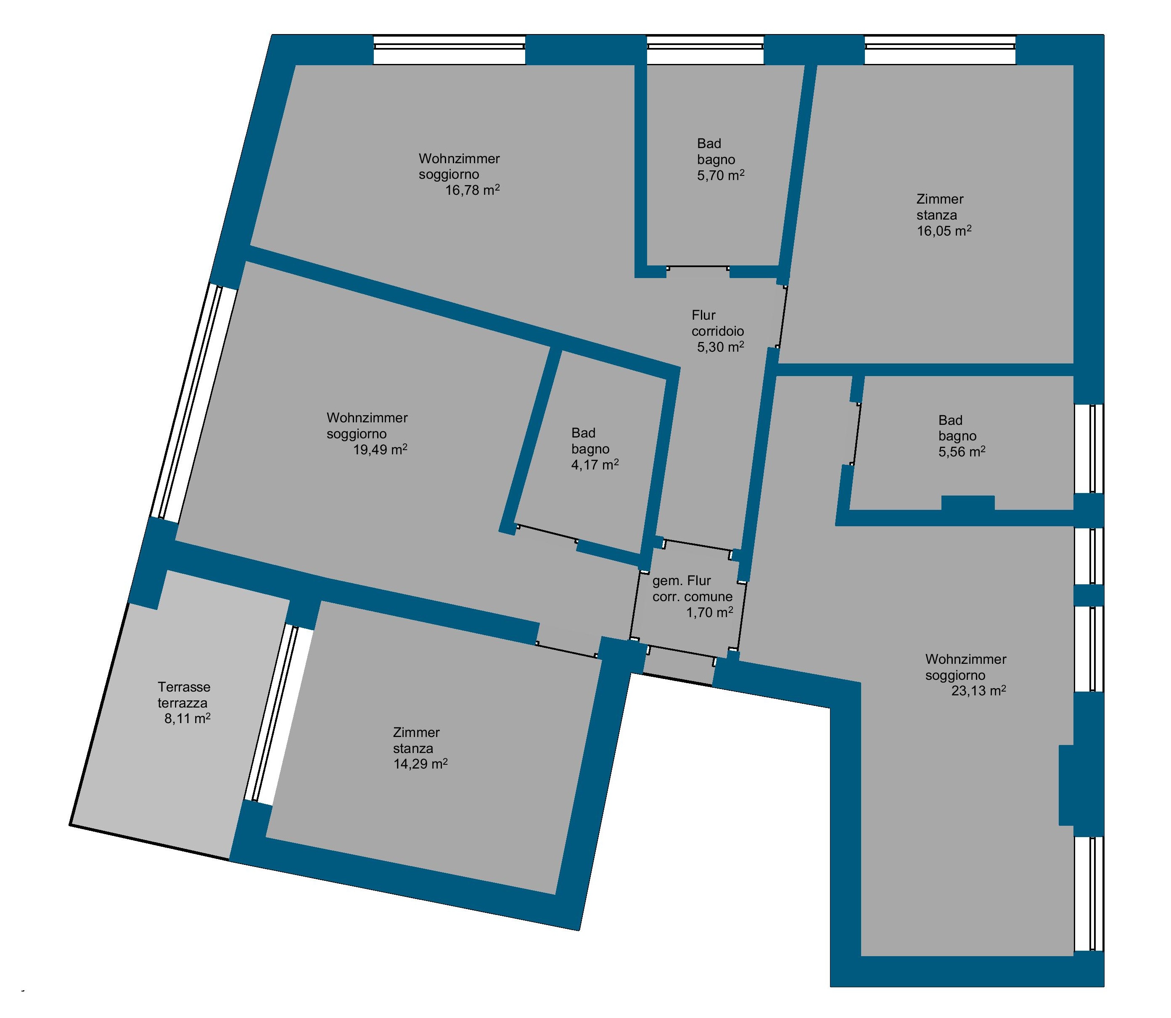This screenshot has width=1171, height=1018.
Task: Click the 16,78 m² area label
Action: pos(472,190)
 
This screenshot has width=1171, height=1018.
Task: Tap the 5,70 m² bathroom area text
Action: pos(721,175)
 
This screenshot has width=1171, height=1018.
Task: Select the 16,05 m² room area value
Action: pos(944,231)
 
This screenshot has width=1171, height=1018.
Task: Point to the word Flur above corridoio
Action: pos(703,315)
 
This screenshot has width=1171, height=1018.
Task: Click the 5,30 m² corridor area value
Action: pos(721,347)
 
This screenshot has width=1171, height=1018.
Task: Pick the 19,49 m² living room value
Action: pos(380,450)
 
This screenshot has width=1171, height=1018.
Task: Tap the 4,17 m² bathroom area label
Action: pos(595,465)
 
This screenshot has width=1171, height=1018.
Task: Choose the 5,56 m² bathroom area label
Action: pos(962,452)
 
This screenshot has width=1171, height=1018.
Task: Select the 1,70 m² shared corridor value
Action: pos(709,612)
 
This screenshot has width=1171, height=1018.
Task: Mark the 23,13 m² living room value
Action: pos(978,691)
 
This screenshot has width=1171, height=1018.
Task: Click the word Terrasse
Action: pos(184,687)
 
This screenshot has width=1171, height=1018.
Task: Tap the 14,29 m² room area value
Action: pos(420,764)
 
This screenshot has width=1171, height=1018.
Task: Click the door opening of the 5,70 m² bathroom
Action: pos(698,268)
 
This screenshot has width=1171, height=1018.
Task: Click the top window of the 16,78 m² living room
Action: pos(449,50)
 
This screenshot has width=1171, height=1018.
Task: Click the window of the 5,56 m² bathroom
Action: pos(1089,448)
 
